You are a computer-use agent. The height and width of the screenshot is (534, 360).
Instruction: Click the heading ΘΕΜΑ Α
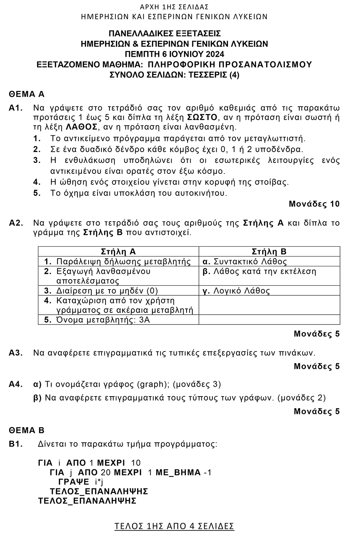(27, 94)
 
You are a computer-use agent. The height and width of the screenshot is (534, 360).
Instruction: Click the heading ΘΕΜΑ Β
(27, 430)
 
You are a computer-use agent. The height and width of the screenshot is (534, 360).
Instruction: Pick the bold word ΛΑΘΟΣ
(82, 127)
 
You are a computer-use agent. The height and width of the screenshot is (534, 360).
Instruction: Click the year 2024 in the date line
(215, 55)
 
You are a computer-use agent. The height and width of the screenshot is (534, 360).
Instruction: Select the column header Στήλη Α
(118, 252)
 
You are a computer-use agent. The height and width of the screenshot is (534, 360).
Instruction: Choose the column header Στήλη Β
(269, 252)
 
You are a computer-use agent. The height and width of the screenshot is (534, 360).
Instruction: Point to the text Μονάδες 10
(314, 204)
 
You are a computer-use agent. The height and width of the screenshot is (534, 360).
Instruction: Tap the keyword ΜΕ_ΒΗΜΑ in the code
(178, 473)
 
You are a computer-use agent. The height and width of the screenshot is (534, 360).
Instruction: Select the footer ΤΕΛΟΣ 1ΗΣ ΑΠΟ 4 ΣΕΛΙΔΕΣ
(174, 526)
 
